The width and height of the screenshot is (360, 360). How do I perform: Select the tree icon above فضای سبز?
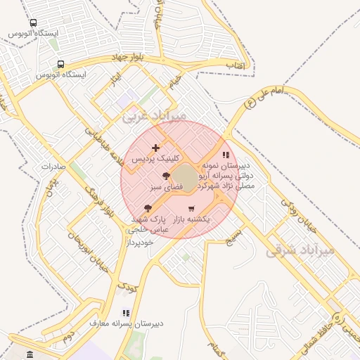(166, 176)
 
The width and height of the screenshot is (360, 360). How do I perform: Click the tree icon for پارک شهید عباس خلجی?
(148, 208)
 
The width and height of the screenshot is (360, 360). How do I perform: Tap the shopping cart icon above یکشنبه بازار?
(192, 208)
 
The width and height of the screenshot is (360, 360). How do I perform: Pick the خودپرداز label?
(140, 243)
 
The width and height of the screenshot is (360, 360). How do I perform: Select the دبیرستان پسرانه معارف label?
(127, 323)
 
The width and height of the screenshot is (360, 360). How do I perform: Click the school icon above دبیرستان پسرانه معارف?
(126, 313)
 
